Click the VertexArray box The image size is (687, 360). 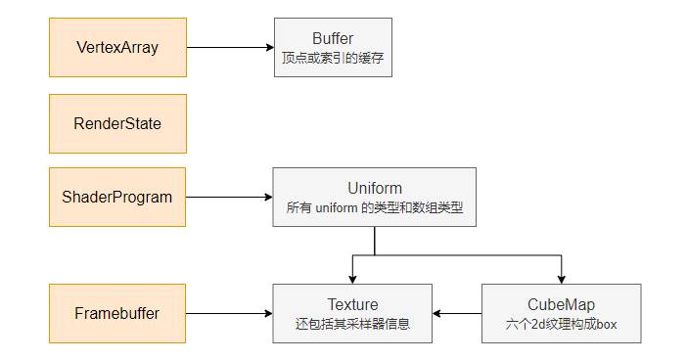(x=117, y=47)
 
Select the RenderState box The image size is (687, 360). (x=117, y=123)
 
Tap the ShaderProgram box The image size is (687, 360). (x=117, y=197)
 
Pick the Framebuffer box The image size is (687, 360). (x=117, y=313)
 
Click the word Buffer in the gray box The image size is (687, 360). (x=333, y=38)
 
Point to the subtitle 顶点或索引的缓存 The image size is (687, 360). (x=333, y=59)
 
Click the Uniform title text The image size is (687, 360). (x=375, y=188)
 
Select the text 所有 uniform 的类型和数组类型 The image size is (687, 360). (x=375, y=208)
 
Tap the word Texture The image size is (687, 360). (x=352, y=304)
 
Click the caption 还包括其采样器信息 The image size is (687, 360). (x=352, y=324)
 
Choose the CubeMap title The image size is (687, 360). (x=561, y=304)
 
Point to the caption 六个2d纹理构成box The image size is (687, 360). (x=561, y=324)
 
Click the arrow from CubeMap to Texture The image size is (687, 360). (x=457, y=313)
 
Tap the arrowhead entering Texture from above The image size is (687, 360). (x=352, y=279)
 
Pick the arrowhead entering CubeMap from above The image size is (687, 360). (x=561, y=279)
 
